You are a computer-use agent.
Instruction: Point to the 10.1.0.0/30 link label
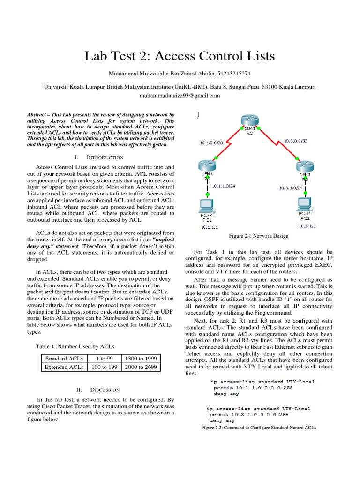tap(211, 142)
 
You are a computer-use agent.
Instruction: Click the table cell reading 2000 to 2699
tap(141, 367)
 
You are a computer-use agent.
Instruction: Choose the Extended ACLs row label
tap(64, 367)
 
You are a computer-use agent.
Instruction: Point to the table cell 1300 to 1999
tap(141, 359)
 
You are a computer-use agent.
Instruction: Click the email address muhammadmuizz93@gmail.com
tap(180, 95)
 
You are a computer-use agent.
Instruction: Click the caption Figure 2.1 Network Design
tap(258, 236)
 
